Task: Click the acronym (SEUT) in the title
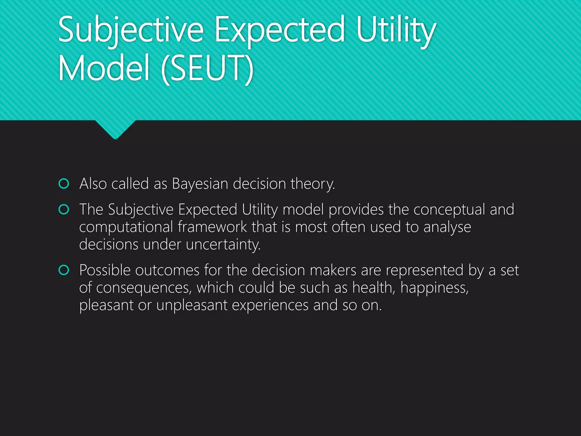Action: (207, 68)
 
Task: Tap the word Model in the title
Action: (104, 68)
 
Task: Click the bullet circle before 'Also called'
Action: (64, 184)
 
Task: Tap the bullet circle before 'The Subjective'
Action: (64, 209)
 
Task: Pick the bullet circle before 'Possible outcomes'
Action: (64, 270)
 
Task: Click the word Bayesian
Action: (200, 184)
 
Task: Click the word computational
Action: (126, 227)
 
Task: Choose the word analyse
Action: (447, 227)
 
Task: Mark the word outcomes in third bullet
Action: (167, 270)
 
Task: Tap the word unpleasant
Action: (192, 305)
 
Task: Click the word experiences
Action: (270, 305)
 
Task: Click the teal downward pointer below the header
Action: (115, 129)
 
